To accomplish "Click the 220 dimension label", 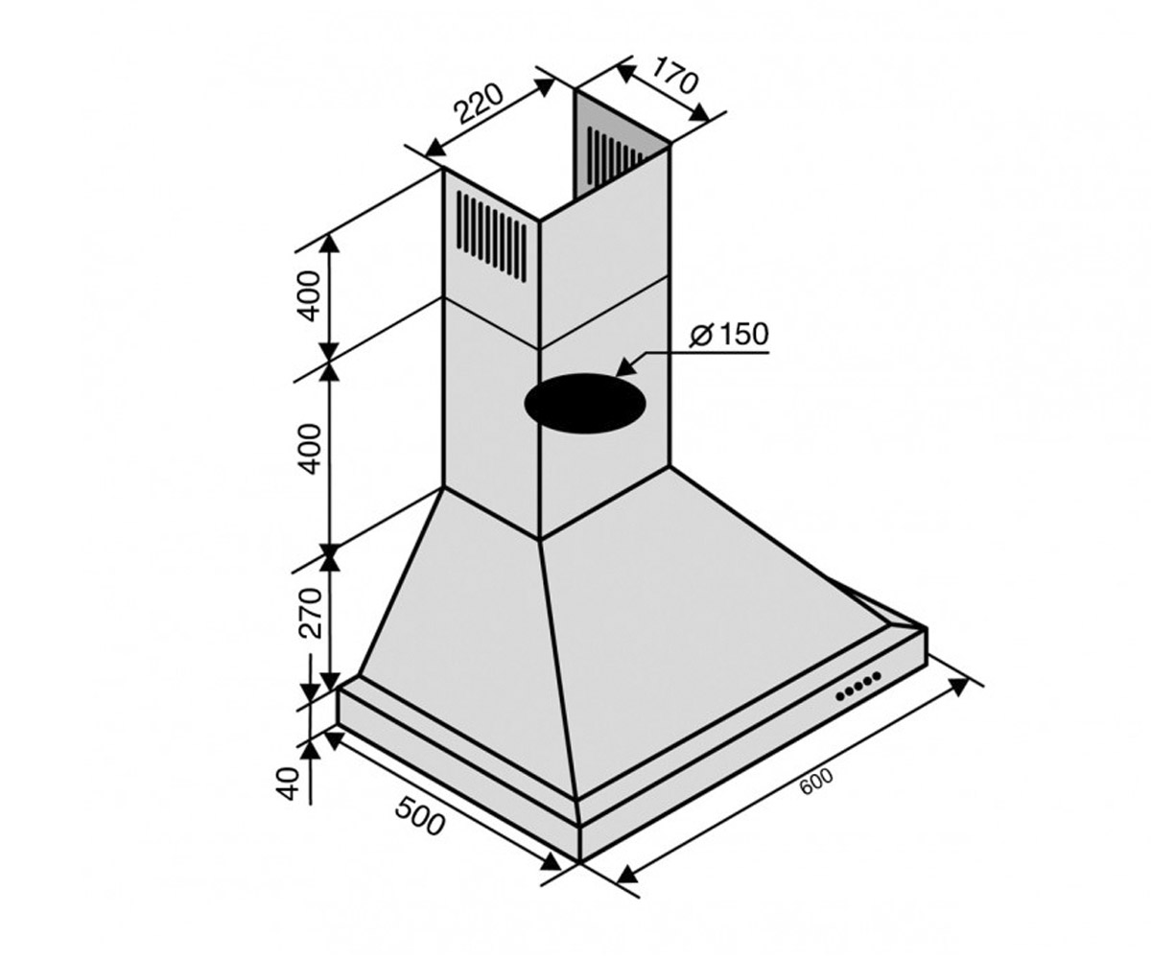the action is (479, 111).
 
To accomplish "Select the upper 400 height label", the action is (310, 296).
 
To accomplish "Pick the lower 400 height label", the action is (310, 449).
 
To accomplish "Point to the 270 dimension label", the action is (310, 614).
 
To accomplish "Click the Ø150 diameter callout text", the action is (729, 334).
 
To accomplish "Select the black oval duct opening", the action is (584, 403).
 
